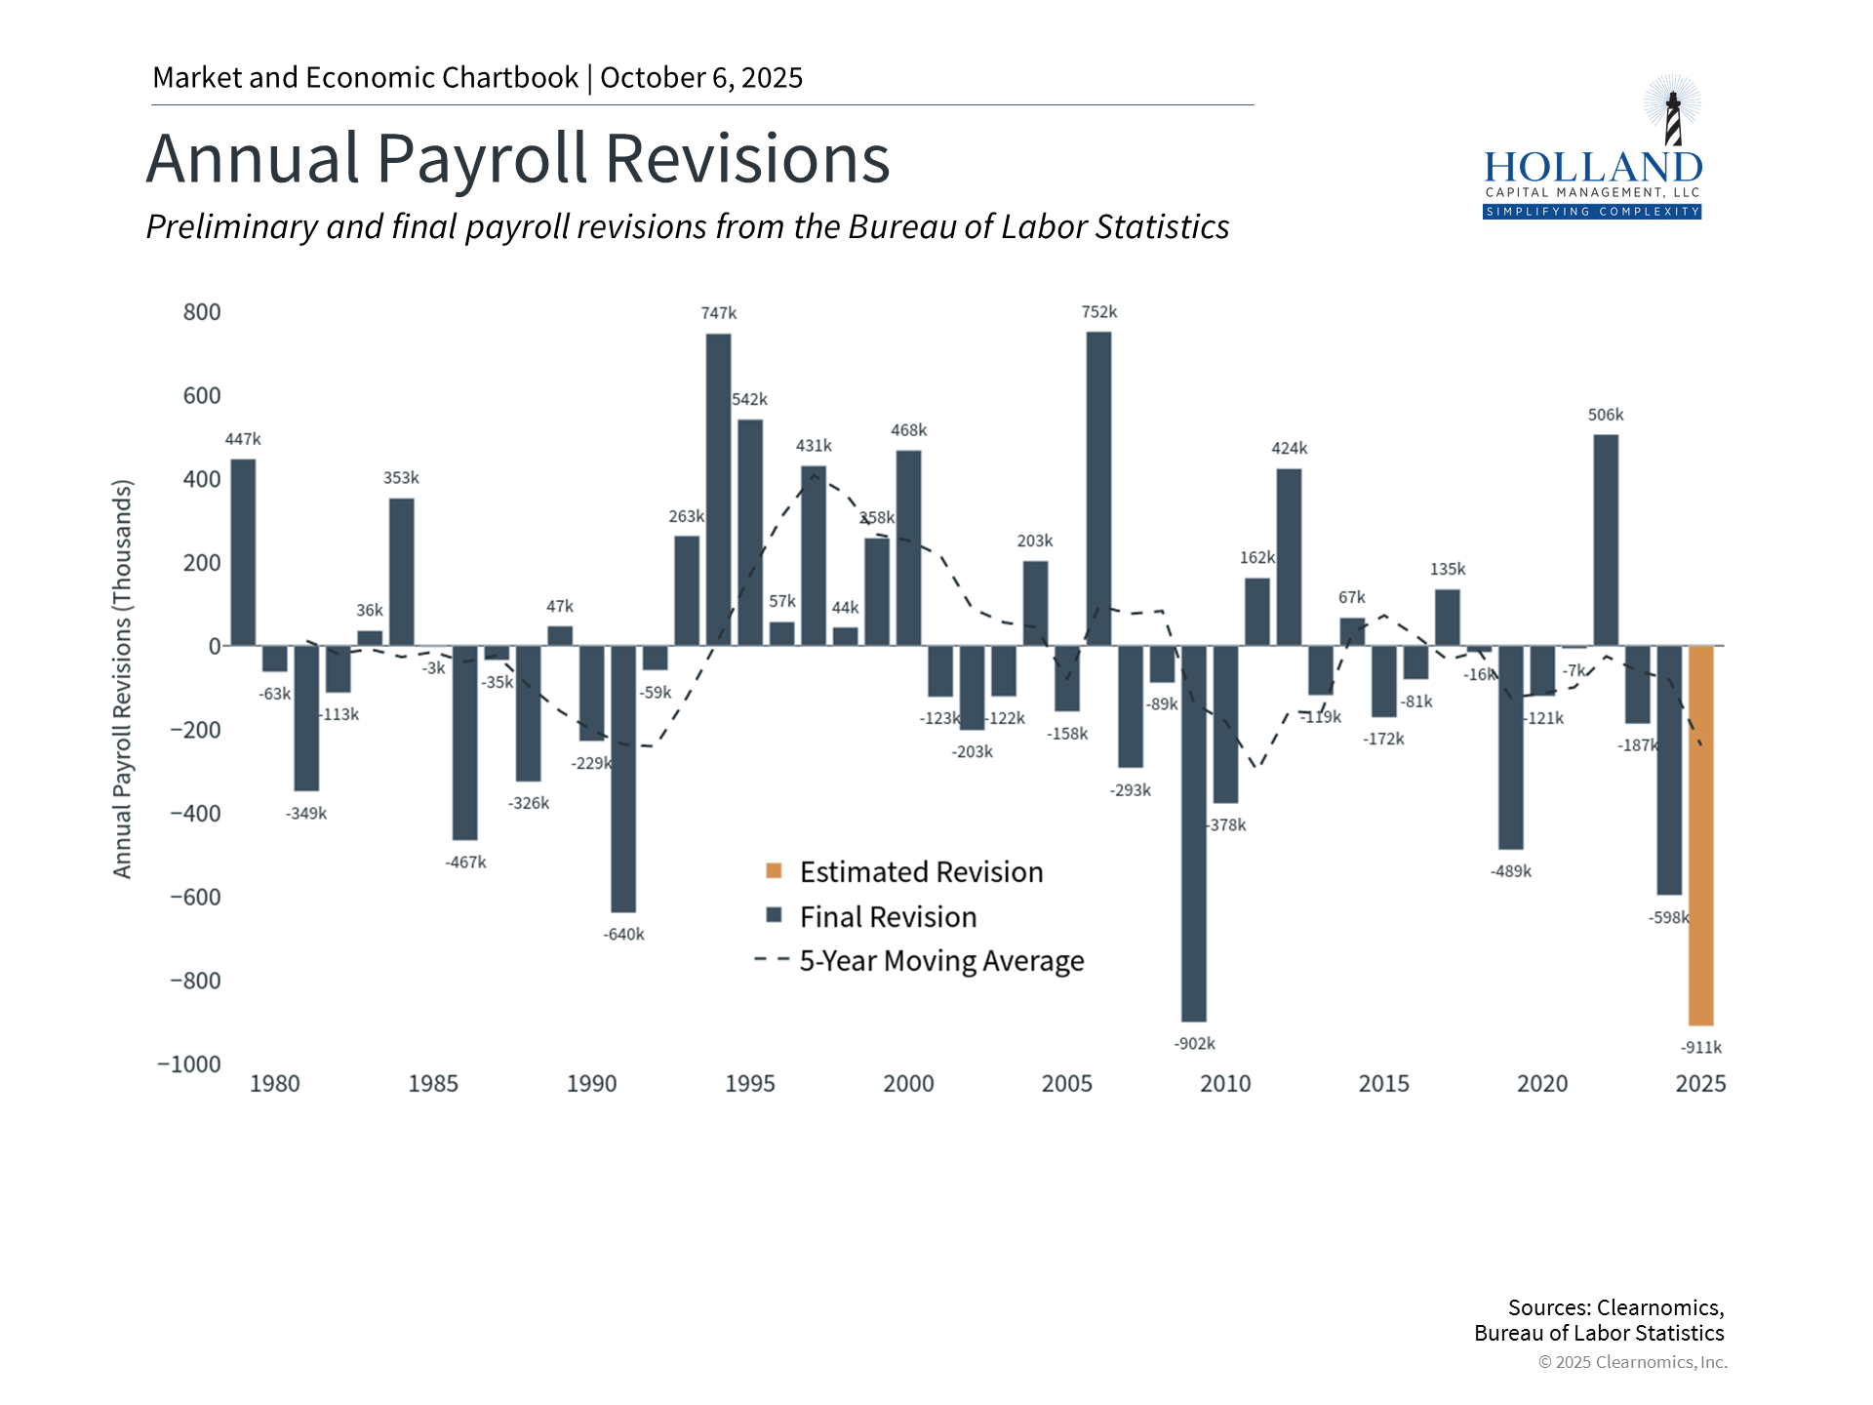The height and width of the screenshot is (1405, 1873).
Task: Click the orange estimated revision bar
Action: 1700,835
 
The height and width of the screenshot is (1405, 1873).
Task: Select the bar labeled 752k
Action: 1098,488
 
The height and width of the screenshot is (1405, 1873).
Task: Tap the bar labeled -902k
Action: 1193,833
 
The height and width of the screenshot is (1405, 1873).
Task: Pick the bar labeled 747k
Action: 718,489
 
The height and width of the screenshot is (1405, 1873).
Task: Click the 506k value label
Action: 1606,415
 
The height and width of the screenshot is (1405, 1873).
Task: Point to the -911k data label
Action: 1700,1047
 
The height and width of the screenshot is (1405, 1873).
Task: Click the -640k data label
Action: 623,934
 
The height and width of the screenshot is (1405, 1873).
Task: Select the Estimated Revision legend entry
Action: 921,871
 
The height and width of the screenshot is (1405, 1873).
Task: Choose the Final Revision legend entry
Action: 888,916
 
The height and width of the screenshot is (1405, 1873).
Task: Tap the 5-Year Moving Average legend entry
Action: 941,961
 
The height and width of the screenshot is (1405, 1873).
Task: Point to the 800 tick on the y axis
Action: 202,312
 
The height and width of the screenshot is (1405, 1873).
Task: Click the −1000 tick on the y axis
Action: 189,1064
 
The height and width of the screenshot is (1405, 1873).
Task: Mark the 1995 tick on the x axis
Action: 749,1083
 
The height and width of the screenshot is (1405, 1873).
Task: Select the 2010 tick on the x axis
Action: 1225,1083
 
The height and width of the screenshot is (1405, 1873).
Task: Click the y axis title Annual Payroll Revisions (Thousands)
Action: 122,678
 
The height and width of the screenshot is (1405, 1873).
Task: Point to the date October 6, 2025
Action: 701,78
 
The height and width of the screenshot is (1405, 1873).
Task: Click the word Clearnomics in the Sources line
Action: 1657,1307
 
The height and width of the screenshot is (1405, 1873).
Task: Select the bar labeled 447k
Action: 243,552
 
